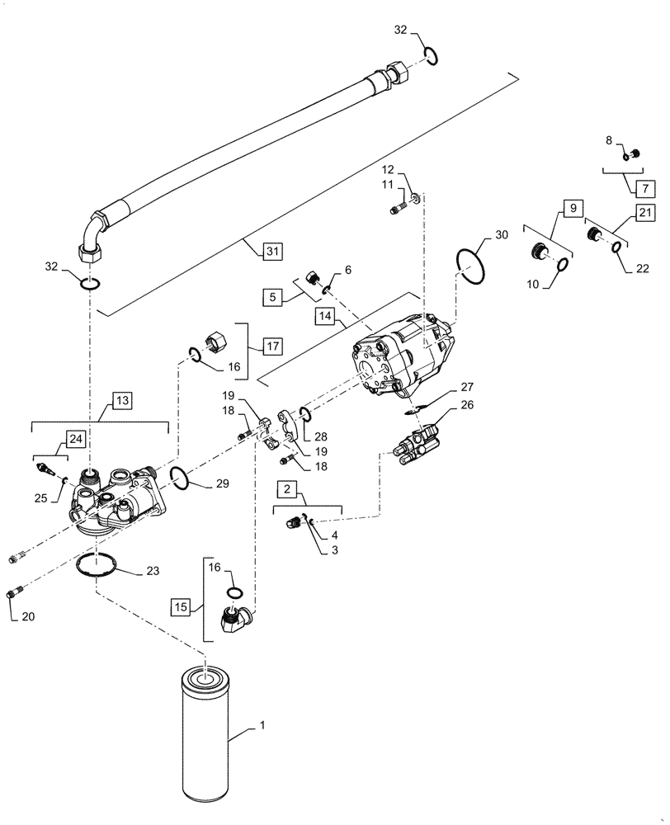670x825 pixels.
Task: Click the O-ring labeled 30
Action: point(471,266)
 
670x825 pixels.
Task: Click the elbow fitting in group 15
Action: point(237,620)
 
